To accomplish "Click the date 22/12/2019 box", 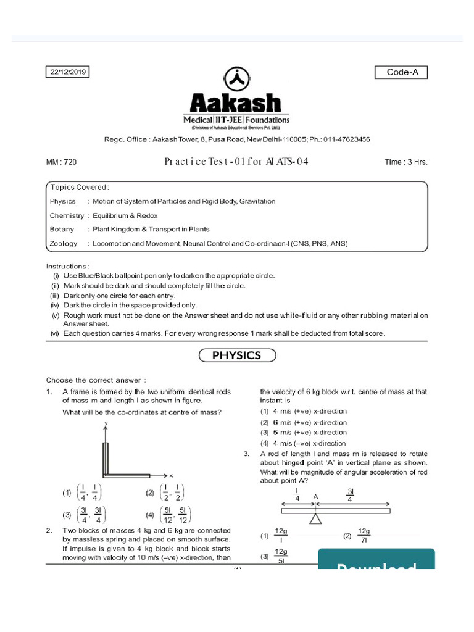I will (x=68, y=72).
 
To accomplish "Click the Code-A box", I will (x=401, y=72).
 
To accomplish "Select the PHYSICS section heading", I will (x=237, y=355).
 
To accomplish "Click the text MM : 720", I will (x=62, y=162).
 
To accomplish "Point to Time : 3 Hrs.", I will (x=405, y=162).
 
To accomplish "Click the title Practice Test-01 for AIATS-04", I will (x=236, y=162).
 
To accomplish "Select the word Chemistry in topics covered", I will (x=67, y=215).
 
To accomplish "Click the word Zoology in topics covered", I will (x=64, y=244).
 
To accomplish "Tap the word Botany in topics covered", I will (x=62, y=230).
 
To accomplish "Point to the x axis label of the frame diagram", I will (x=171, y=475).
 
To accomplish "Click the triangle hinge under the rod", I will (x=315, y=519).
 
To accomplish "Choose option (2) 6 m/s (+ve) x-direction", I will (x=303, y=422).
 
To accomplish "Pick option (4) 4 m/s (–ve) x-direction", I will (x=303, y=443).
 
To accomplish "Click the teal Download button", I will (x=376, y=562).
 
